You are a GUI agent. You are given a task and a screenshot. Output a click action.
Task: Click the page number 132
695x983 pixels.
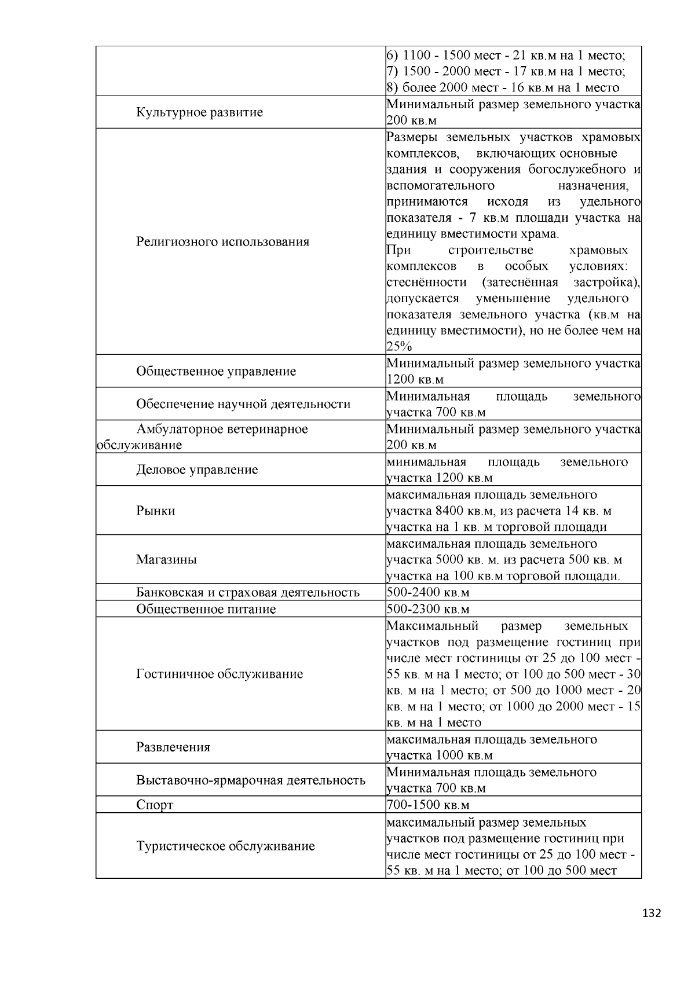[x=652, y=914]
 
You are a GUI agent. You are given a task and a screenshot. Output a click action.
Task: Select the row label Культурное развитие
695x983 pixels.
[x=199, y=112]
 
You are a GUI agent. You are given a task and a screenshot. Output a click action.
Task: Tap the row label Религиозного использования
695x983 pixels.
[x=222, y=241]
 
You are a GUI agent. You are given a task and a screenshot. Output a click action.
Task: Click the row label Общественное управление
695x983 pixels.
[x=216, y=371]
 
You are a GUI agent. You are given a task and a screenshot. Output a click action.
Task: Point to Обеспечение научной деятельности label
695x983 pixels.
[x=243, y=404]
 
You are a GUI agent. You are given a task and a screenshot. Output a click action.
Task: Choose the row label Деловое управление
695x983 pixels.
[x=197, y=470]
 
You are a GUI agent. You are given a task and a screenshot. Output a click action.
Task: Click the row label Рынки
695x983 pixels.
[x=156, y=511]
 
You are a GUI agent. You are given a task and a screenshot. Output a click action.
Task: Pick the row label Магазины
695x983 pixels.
[x=166, y=559]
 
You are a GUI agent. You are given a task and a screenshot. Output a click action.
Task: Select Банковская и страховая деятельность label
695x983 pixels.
[x=248, y=592]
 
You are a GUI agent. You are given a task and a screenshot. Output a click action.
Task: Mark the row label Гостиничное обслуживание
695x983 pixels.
[x=220, y=674]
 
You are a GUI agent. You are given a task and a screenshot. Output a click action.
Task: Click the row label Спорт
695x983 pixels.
[x=155, y=805]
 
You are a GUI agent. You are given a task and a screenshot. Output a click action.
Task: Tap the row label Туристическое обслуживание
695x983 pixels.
[x=225, y=846]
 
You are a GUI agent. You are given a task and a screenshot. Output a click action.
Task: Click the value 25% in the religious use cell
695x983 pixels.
[x=399, y=347]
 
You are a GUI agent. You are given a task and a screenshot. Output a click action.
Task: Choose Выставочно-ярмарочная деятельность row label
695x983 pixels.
[x=251, y=780]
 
